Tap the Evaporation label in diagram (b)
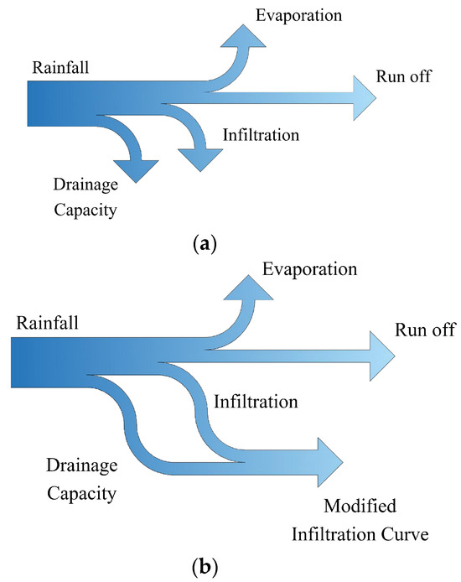click(310, 269)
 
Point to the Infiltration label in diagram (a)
click(261, 134)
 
